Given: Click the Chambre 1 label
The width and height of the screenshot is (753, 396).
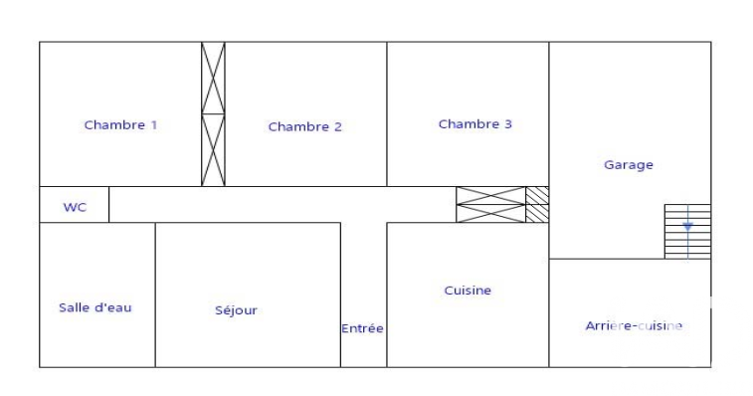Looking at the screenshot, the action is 120,125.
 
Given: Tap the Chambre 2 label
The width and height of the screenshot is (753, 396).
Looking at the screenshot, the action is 305,127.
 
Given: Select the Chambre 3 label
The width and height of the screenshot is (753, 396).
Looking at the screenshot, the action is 475,124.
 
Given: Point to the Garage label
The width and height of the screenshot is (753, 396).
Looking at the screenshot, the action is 628,165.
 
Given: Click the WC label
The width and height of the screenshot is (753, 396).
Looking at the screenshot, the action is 75,208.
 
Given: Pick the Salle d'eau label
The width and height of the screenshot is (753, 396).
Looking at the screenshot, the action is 95,307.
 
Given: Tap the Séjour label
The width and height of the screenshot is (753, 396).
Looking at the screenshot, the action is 236,310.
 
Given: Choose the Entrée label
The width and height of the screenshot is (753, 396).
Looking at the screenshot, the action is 362,328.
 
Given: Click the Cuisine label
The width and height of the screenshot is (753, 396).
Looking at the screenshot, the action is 468,291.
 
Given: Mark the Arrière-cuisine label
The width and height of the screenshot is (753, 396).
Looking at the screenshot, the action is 634,325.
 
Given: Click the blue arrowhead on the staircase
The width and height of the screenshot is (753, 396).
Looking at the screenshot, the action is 687,226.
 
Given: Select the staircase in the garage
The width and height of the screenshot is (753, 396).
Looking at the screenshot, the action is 687,232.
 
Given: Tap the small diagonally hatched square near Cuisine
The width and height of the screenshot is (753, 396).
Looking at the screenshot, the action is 537,205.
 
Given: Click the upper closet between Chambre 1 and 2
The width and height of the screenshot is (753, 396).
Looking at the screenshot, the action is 213,78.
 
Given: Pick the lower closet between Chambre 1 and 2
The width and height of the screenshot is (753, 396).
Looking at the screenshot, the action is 213,150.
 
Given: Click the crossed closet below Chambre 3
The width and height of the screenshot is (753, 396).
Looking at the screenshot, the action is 490,205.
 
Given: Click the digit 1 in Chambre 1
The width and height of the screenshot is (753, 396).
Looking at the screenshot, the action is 154,125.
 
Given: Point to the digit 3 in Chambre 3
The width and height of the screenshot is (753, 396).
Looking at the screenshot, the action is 508,124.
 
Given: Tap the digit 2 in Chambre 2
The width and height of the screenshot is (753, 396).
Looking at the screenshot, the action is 337,127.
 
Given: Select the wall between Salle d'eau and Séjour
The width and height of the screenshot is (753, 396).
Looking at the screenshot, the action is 155,296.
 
